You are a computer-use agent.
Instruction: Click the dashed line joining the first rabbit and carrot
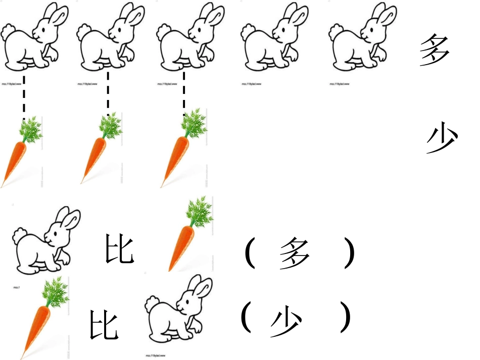[23, 96]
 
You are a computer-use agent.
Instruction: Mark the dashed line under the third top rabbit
[184, 93]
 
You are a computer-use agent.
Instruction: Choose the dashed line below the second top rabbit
[108, 93]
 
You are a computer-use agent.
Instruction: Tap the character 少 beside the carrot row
[442, 139]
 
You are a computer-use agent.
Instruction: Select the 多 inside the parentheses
[295, 253]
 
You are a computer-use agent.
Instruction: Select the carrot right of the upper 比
[189, 235]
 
